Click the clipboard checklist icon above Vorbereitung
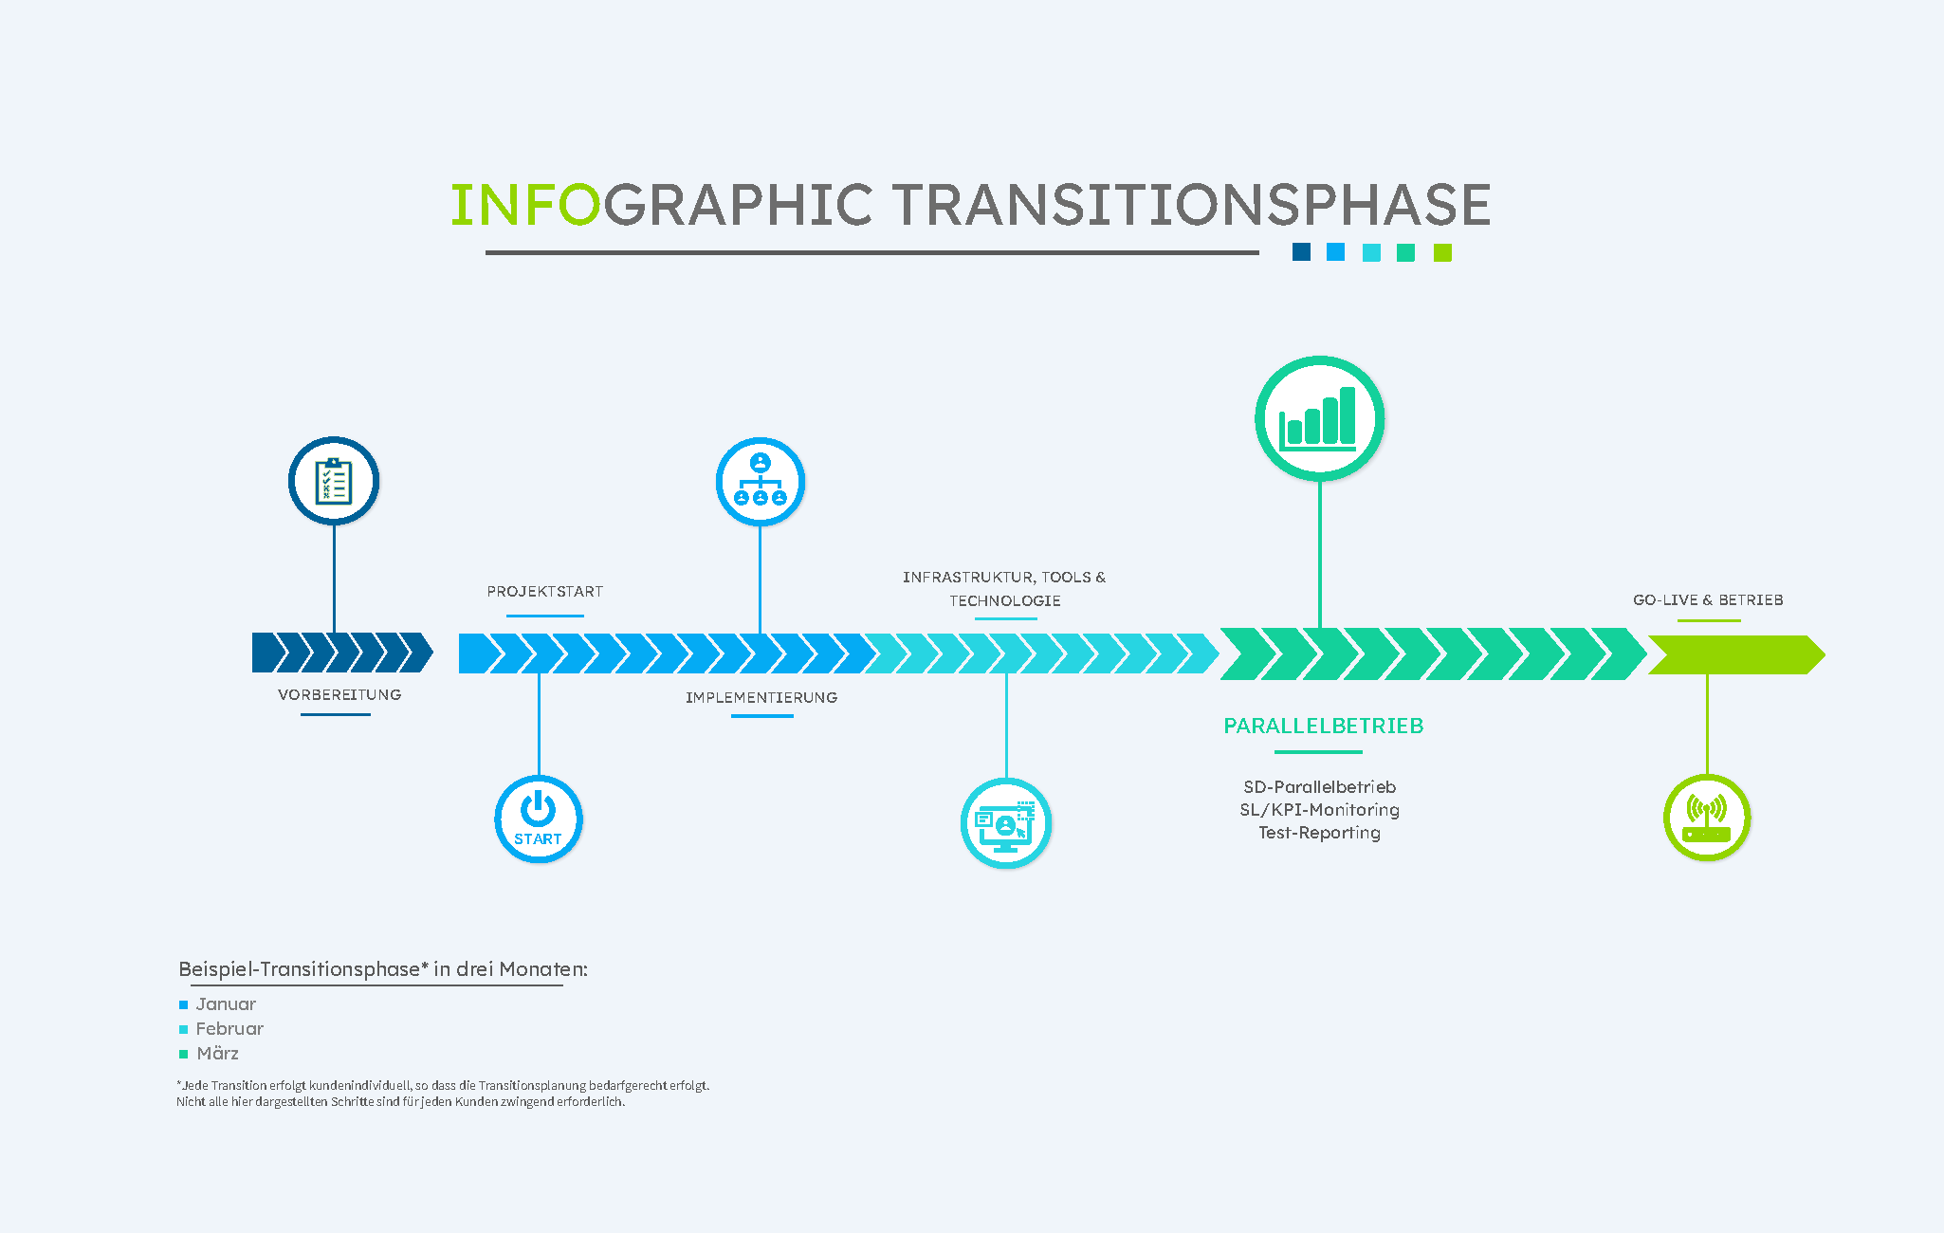[x=334, y=481]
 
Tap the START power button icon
[x=538, y=819]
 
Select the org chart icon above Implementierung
[x=760, y=482]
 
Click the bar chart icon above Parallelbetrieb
[x=1319, y=418]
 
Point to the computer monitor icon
[x=1005, y=823]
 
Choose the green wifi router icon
[x=1707, y=818]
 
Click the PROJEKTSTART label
[x=545, y=592]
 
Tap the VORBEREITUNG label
[x=339, y=694]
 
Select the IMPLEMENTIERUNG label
[x=761, y=697]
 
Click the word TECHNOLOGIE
[x=1005, y=600]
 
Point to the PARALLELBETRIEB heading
[x=1324, y=726]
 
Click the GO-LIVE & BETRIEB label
[x=1708, y=599]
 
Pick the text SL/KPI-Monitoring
[x=1319, y=809]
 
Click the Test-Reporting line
[x=1319, y=832]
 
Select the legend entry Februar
[x=229, y=1028]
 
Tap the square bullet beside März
[x=184, y=1054]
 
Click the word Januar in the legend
[x=226, y=1003]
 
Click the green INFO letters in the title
[x=525, y=205]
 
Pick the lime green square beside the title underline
[x=1442, y=252]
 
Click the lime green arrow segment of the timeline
[x=1736, y=654]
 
